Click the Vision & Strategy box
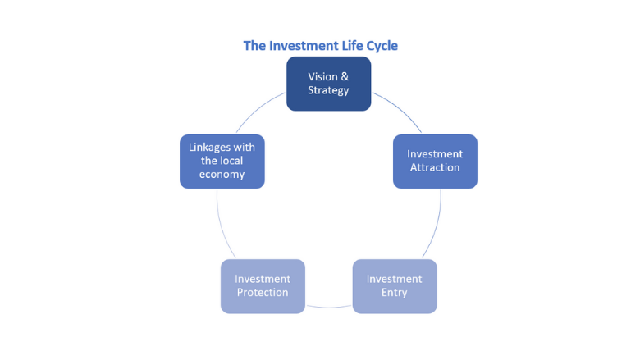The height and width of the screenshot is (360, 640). [328, 84]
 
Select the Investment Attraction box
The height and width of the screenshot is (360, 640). [435, 162]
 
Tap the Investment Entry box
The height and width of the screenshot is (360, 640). [394, 286]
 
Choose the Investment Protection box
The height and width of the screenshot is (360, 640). [263, 286]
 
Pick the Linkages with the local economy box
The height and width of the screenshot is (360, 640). [222, 162]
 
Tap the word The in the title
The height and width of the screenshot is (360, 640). [254, 46]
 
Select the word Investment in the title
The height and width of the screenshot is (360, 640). [299, 46]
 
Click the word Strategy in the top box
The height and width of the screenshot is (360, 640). [328, 90]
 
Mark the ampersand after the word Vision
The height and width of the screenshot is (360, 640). [344, 76]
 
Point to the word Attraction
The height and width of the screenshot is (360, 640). [435, 168]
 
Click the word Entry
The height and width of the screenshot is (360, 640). [394, 293]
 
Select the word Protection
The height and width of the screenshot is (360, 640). [263, 293]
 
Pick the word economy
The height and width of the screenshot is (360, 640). [222, 175]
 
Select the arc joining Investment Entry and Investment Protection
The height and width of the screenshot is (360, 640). [328, 307]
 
